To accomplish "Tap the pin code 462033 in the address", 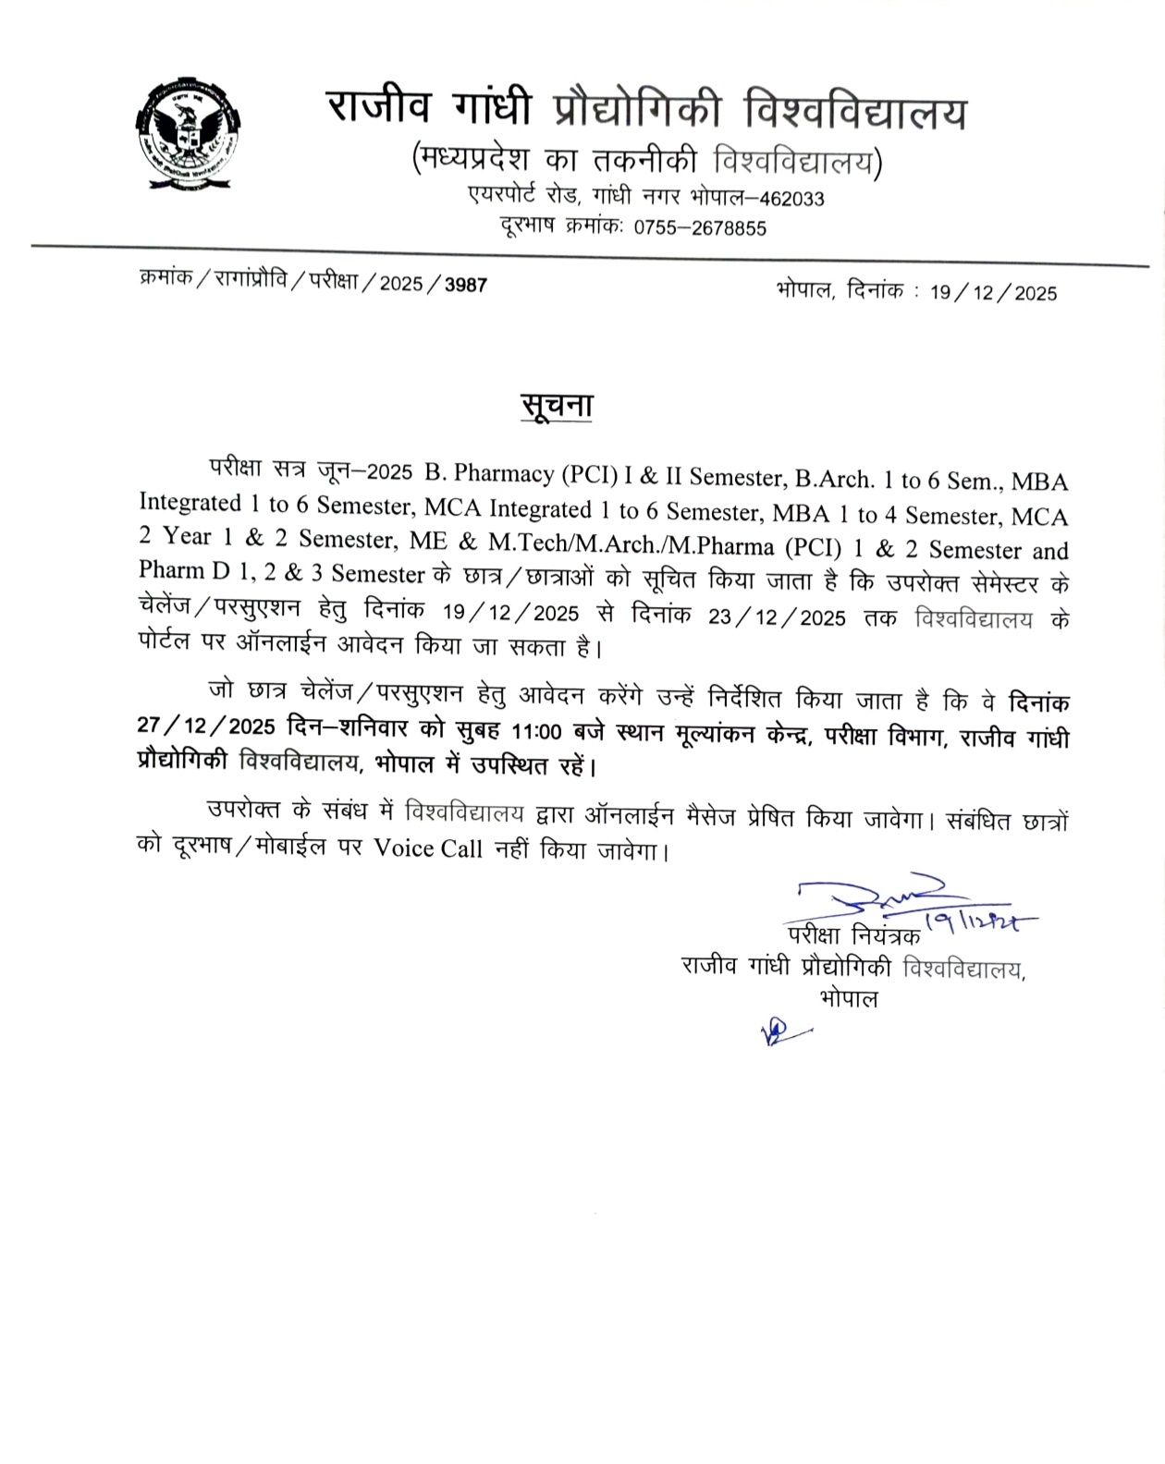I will (x=791, y=199).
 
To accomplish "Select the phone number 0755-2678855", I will (x=700, y=228).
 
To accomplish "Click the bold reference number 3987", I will (x=466, y=285).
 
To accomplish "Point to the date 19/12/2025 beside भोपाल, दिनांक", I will (x=993, y=293).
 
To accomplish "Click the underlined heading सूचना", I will (x=556, y=407).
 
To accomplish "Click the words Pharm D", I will (x=184, y=571).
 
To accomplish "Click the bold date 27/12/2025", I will (x=207, y=726).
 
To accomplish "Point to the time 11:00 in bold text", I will (x=536, y=732).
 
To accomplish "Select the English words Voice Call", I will (x=428, y=848).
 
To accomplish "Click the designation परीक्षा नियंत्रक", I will (x=853, y=935).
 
